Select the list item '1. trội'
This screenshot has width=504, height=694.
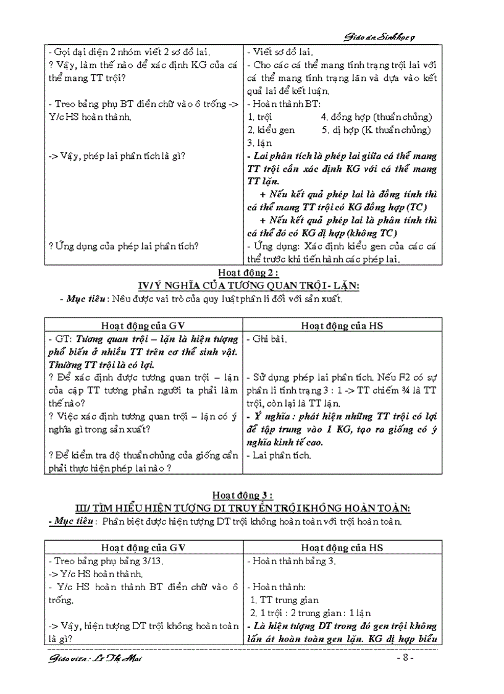click(260, 117)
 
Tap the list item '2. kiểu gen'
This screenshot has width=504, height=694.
click(271, 130)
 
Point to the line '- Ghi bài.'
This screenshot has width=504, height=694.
click(267, 339)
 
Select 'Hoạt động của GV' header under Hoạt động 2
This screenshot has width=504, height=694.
click(143, 325)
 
